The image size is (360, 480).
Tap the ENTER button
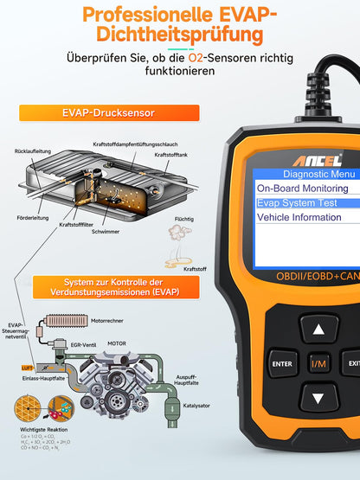(x=281, y=364)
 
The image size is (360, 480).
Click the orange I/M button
(x=320, y=364)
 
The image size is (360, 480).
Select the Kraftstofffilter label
(x=76, y=224)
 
